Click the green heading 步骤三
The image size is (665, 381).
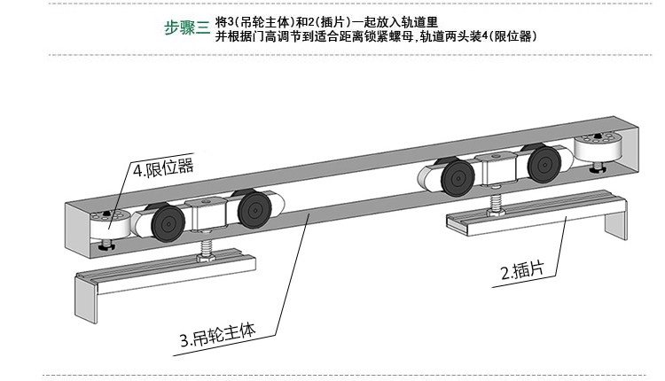(187, 27)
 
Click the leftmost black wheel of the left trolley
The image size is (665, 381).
(163, 222)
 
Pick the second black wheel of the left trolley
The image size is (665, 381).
(254, 212)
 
